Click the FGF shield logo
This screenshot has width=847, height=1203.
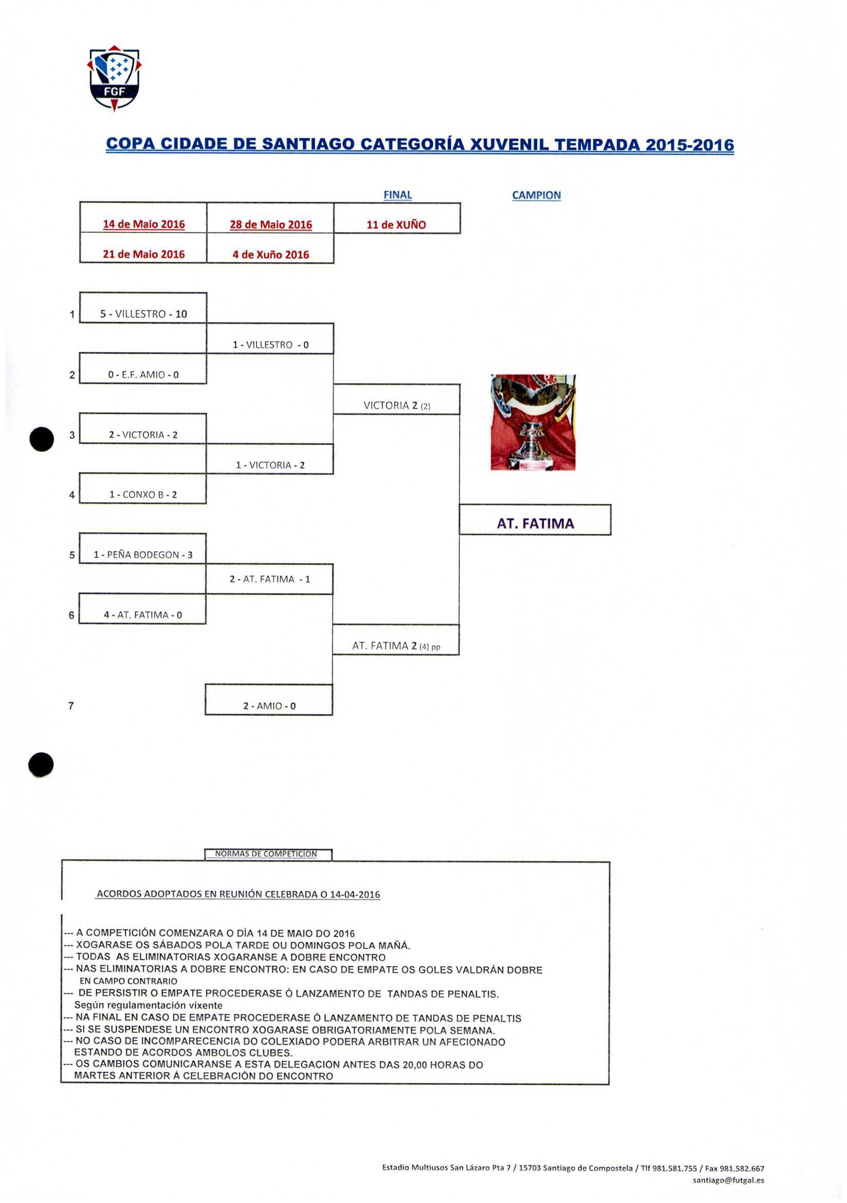pos(114,78)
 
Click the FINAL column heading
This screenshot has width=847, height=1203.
pos(398,195)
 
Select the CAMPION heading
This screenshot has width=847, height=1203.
pos(536,195)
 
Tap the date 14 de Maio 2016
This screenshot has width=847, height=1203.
pos(143,224)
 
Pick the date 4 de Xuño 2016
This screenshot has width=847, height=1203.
pos(270,254)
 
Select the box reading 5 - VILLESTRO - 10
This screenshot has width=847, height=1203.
pos(143,314)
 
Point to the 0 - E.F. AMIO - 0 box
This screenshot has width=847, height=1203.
pos(143,375)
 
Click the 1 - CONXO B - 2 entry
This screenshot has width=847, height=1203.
pos(142,495)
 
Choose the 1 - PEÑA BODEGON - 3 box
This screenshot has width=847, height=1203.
pos(142,555)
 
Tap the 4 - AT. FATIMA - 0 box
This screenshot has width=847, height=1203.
pos(142,614)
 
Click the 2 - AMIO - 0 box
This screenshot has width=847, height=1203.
pos(269,706)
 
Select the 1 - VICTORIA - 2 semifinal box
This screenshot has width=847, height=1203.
pos(270,465)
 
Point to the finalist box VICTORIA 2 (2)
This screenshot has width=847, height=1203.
pos(397,406)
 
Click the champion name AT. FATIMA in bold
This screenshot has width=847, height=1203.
pos(535,523)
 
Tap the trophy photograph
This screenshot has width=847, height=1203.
pos(532,422)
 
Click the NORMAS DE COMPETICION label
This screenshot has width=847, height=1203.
pos(266,853)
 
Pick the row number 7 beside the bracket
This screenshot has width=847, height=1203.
pos(71,706)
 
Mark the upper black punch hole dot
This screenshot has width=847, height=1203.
pos(42,439)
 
